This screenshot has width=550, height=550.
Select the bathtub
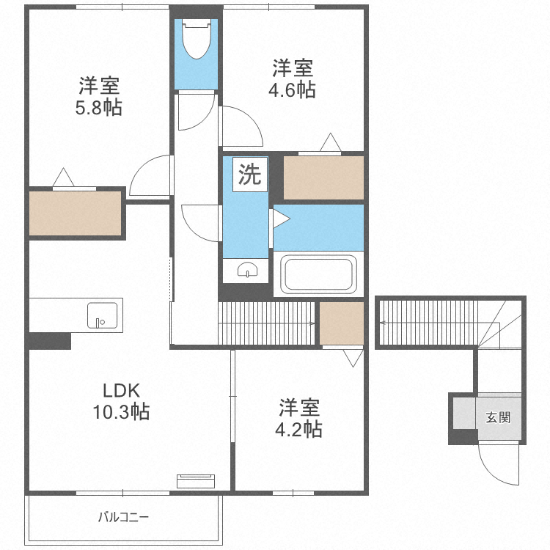[319, 274]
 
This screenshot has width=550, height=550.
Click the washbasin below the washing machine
[249, 271]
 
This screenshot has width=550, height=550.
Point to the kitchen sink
[102, 315]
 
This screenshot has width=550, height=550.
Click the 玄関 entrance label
[498, 418]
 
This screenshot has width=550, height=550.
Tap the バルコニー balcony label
[124, 517]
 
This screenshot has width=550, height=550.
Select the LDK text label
[121, 389]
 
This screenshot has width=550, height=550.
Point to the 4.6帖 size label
[293, 90]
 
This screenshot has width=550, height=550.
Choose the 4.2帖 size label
[300, 428]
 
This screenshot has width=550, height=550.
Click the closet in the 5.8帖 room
[75, 213]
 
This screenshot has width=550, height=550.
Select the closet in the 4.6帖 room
[323, 177]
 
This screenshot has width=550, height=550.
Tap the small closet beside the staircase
[341, 323]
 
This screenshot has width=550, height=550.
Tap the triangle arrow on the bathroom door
[279, 218]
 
